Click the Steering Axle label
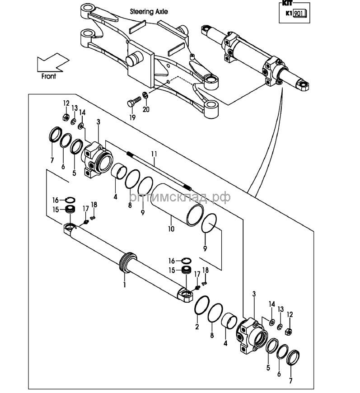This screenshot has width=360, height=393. point(149,11)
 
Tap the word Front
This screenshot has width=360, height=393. point(48,76)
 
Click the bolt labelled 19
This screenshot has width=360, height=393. point(132,103)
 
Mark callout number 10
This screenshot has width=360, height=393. point(171,229)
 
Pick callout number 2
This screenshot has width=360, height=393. point(197,327)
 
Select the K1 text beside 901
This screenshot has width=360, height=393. point(288,14)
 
